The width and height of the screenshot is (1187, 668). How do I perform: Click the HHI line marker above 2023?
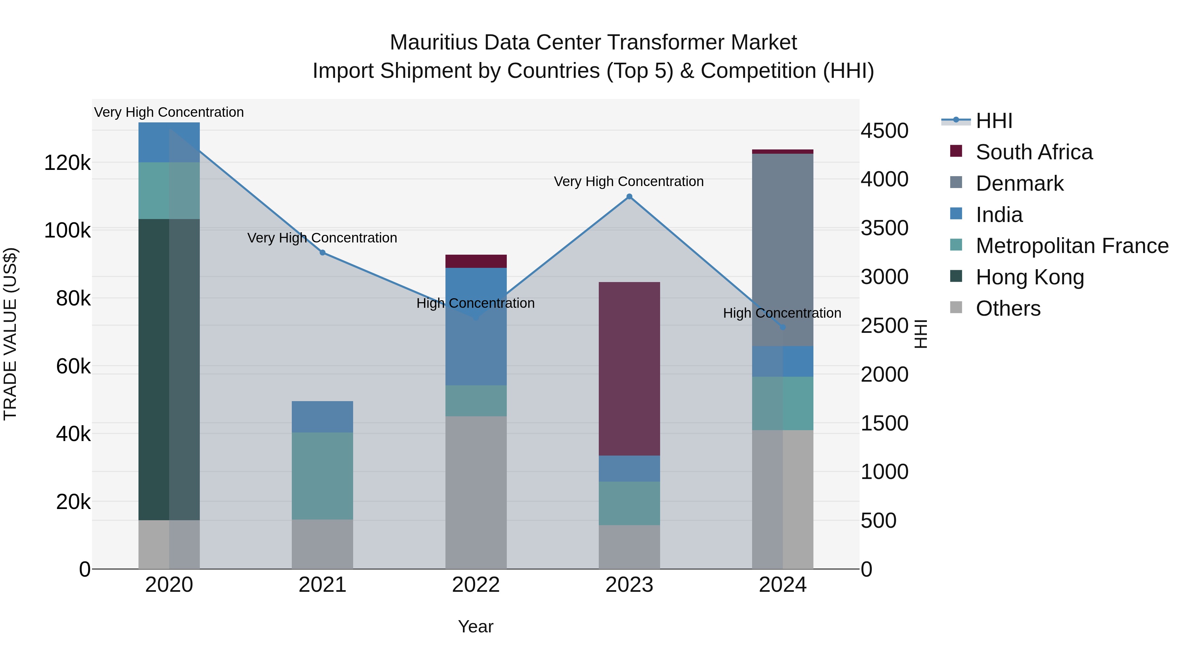(x=629, y=196)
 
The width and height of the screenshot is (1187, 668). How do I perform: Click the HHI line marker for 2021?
(x=322, y=253)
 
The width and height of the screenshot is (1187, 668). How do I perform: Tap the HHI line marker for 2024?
(x=782, y=327)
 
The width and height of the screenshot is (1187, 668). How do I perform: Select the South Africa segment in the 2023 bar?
(x=629, y=369)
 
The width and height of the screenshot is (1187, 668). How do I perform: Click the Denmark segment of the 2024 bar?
(x=782, y=249)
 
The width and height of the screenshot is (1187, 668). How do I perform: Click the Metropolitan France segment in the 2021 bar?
(x=322, y=476)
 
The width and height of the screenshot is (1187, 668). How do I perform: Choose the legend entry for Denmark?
(x=1019, y=183)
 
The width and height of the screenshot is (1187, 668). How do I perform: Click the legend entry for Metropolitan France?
(x=1072, y=246)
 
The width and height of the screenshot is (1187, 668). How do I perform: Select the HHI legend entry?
(x=993, y=121)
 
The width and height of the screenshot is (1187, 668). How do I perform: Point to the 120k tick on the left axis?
(x=67, y=163)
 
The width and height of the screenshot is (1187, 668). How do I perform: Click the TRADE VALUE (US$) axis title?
(x=10, y=334)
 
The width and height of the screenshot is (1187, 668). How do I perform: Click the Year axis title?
(x=475, y=626)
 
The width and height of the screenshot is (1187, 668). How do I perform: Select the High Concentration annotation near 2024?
(x=782, y=313)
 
